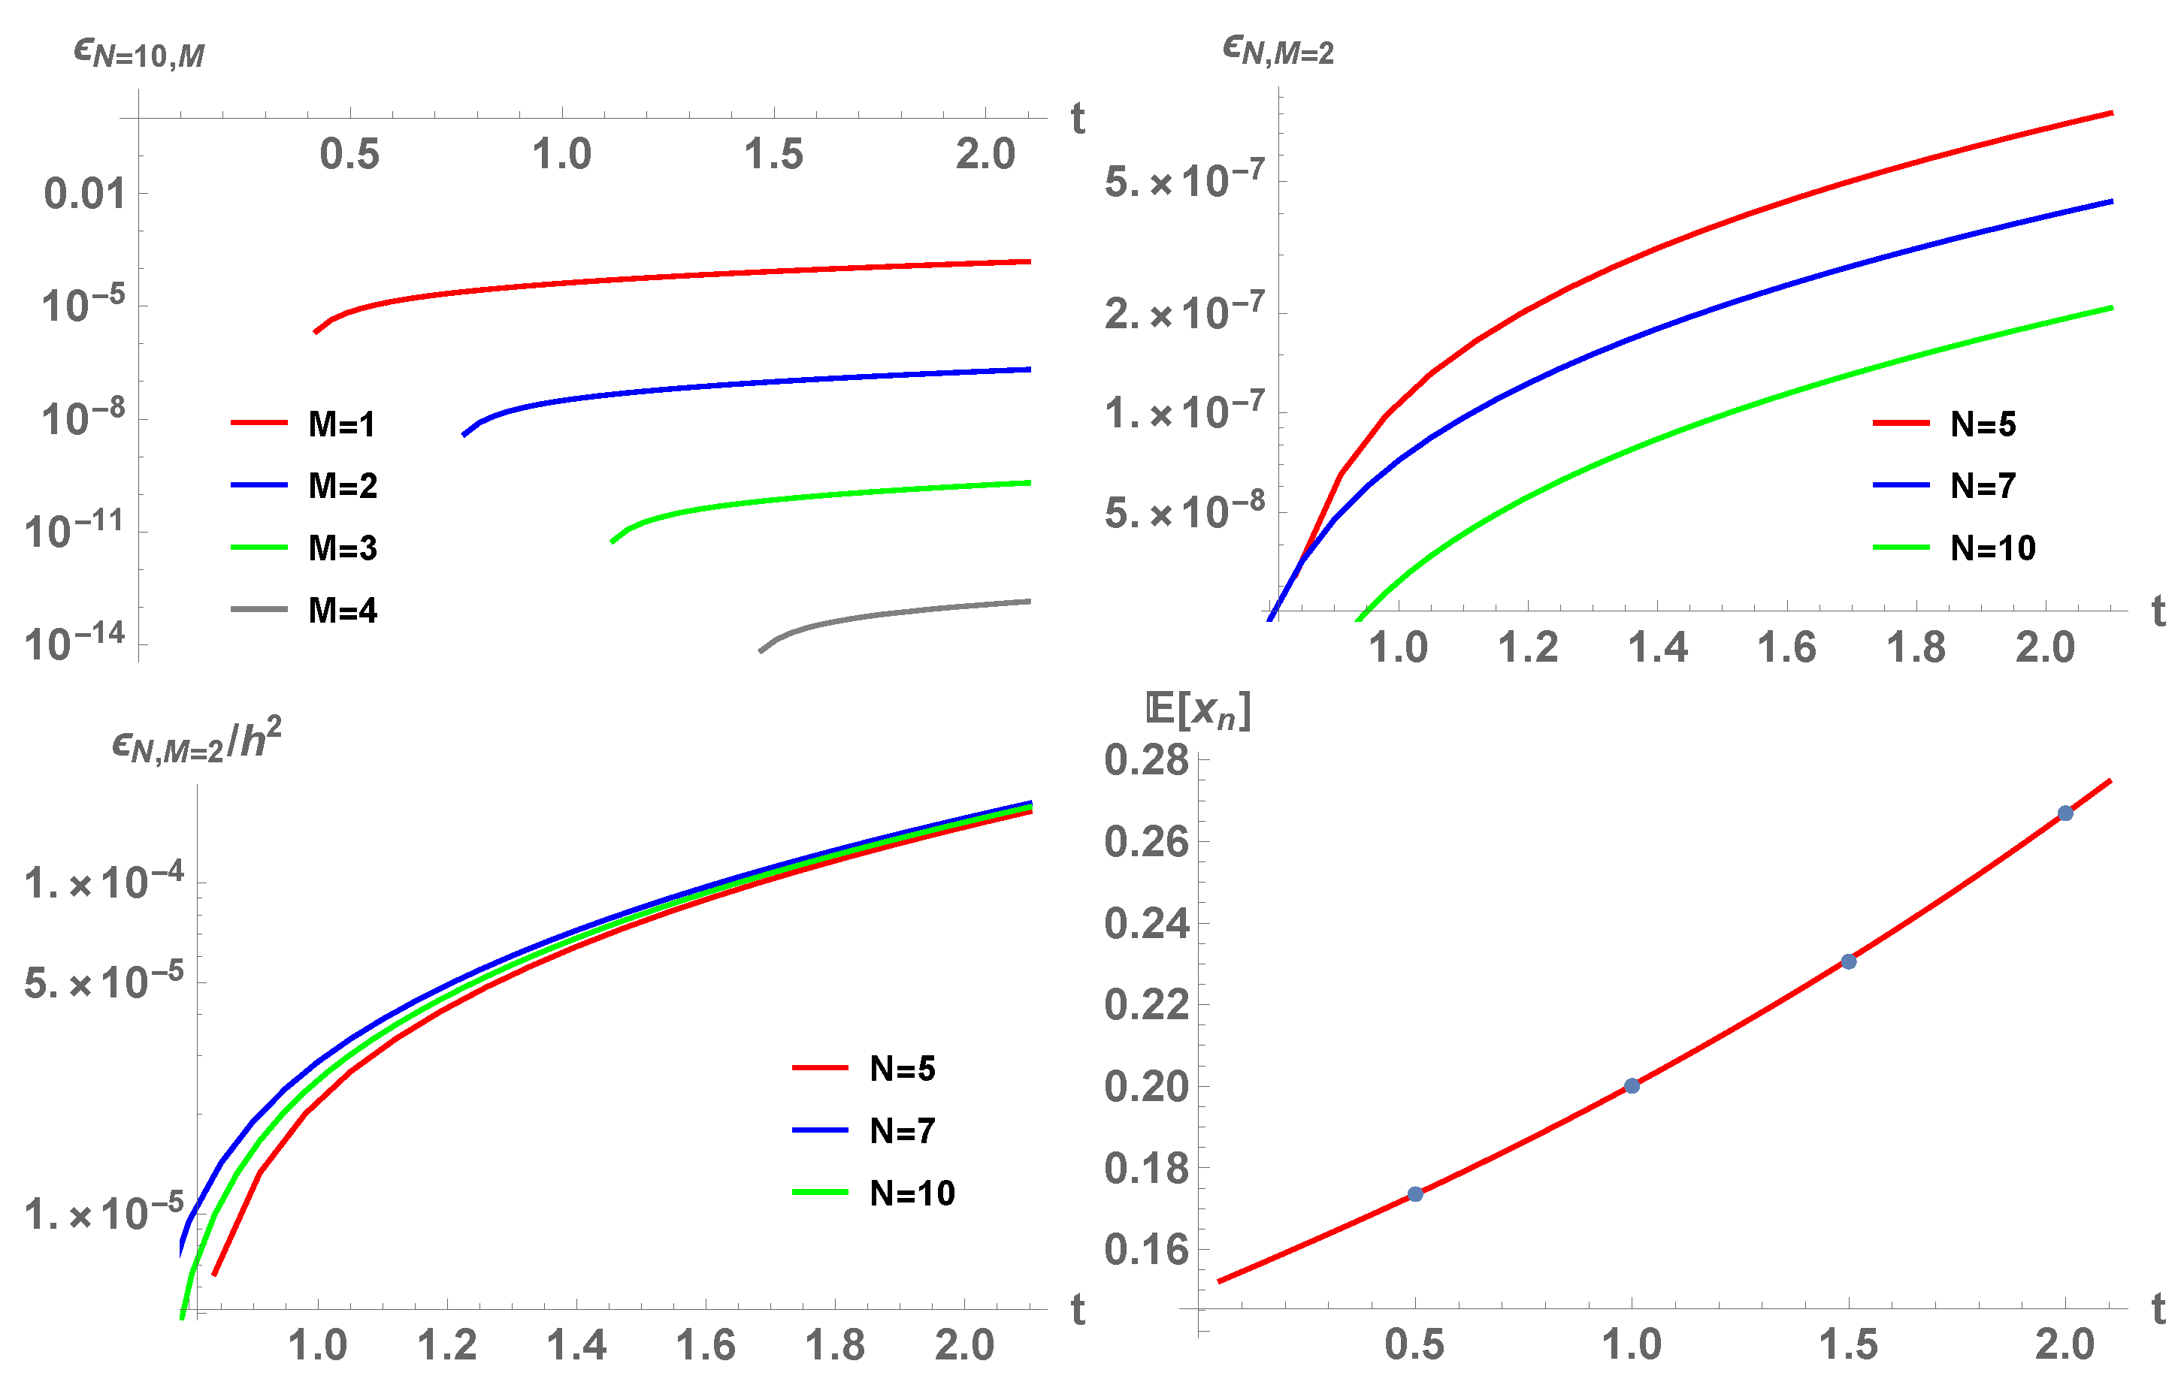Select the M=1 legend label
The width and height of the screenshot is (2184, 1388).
coord(341,424)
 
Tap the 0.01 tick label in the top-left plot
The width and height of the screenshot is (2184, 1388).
coord(84,194)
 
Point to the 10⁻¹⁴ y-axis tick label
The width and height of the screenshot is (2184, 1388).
coord(74,644)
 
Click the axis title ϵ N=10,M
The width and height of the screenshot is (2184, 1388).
coord(139,53)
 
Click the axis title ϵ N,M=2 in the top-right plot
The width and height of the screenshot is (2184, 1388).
coord(1278,51)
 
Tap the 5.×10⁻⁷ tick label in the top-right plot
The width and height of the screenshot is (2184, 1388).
coord(1184,181)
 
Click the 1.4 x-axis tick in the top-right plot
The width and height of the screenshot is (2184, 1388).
coord(1657,647)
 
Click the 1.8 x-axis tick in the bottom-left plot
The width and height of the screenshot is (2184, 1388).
coord(834,1345)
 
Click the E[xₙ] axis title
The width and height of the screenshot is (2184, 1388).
coord(1198,710)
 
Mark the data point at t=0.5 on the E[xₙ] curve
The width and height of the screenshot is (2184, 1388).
coord(1415,1194)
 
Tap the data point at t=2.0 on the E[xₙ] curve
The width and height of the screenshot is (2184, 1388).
coord(2065,813)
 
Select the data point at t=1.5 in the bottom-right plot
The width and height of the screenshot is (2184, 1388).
coord(1848,961)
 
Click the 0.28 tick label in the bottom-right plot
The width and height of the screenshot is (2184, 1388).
coord(1145,760)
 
